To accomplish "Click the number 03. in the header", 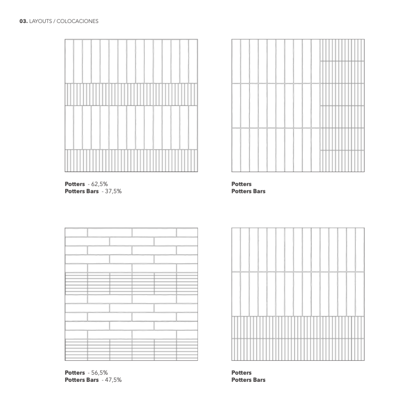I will pyautogui.click(x=23, y=21).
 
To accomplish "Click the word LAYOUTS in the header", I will pyautogui.click(x=40, y=21).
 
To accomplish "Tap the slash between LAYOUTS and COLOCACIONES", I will pyautogui.click(x=54, y=21).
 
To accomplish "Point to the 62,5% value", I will pyautogui.click(x=100, y=184).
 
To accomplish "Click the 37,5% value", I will pyautogui.click(x=113, y=191).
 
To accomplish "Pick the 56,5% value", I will pyautogui.click(x=100, y=373).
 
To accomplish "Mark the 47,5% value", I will pyautogui.click(x=113, y=380).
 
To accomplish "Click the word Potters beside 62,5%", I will pyautogui.click(x=75, y=184).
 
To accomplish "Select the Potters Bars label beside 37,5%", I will pyautogui.click(x=82, y=191).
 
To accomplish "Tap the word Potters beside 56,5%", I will pyautogui.click(x=75, y=373).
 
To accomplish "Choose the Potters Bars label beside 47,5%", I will pyautogui.click(x=82, y=380).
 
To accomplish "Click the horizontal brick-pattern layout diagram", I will pyautogui.click(x=131, y=294).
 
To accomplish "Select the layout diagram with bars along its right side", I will pyautogui.click(x=298, y=105).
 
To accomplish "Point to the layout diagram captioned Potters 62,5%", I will pyautogui.click(x=131, y=105).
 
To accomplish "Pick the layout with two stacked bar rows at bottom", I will pyautogui.click(x=298, y=294).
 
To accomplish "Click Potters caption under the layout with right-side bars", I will pyautogui.click(x=241, y=184).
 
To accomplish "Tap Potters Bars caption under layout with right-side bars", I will pyautogui.click(x=248, y=191).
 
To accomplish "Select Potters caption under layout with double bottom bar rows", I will pyautogui.click(x=241, y=373).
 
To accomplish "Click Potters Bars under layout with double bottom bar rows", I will pyautogui.click(x=248, y=380).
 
